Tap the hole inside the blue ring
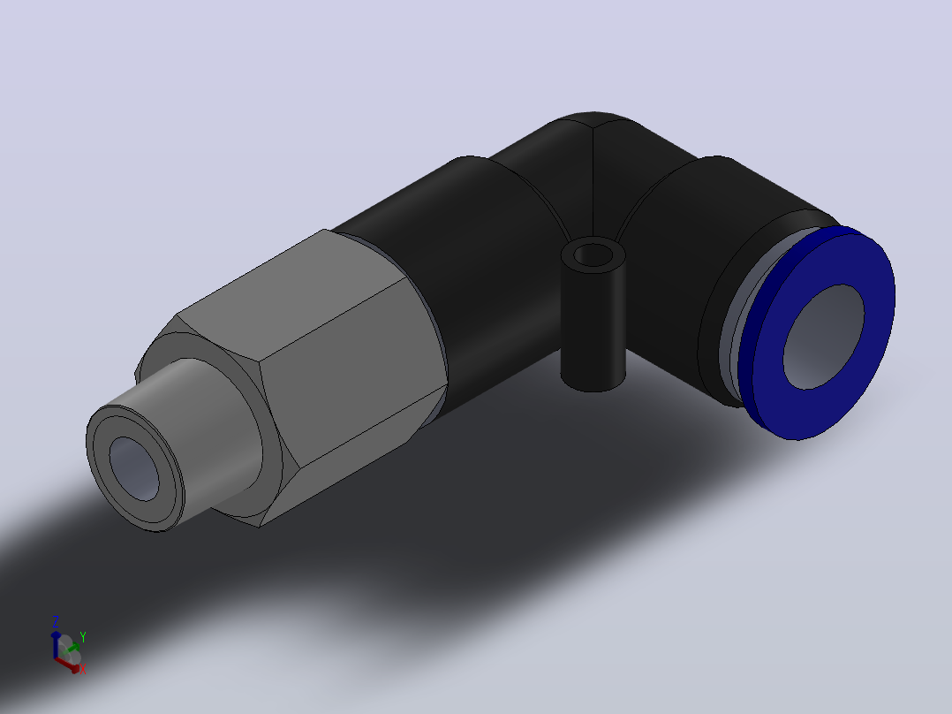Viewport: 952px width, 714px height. (x=824, y=336)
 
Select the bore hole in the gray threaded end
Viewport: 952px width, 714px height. (x=134, y=468)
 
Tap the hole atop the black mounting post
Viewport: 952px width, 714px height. (x=593, y=255)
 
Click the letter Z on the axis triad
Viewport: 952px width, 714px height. (x=56, y=621)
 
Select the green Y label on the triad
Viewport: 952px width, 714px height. (x=83, y=637)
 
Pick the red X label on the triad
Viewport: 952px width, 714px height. (x=83, y=670)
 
